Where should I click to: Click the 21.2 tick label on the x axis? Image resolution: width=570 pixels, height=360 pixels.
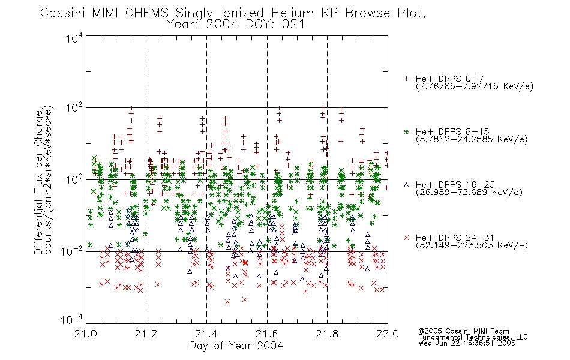tap(146, 334)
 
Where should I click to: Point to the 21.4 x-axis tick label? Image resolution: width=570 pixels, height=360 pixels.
tap(206, 334)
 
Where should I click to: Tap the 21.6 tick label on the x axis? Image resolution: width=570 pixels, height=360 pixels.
tap(267, 334)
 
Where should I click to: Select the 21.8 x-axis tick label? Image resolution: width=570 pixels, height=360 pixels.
tap(327, 334)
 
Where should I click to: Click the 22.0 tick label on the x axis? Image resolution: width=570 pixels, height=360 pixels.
tap(388, 334)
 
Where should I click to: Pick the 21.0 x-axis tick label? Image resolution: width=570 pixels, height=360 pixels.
tap(85, 334)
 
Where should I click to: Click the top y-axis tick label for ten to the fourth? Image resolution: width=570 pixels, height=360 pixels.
tap(74, 38)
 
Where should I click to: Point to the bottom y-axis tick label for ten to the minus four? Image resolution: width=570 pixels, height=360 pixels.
tap(71, 319)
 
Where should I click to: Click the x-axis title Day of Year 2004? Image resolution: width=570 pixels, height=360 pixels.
tap(236, 346)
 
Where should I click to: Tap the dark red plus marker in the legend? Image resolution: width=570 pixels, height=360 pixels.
tap(406, 79)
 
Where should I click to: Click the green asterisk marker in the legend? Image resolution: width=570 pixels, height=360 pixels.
tap(406, 131)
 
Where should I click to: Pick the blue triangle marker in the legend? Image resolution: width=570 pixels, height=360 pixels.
tap(406, 185)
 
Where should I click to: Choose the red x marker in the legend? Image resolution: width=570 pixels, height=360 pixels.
tap(406, 238)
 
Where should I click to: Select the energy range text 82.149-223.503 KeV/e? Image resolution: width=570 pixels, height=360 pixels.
tap(472, 245)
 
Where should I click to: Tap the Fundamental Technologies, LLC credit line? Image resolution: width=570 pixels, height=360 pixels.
tap(473, 337)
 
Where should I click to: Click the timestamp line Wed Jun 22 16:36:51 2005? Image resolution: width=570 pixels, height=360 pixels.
tap(467, 343)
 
